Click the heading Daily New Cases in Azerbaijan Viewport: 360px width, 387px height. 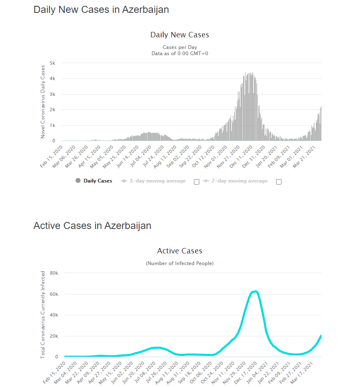(x=101, y=10)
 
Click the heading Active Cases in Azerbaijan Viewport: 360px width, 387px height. (x=92, y=226)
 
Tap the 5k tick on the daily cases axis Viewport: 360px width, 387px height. (x=53, y=63)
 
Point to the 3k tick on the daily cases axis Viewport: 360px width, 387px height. (x=53, y=94)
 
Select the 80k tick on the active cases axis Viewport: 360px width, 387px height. (x=54, y=273)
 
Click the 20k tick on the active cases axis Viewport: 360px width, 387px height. (x=54, y=336)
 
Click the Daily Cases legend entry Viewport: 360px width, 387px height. (x=98, y=181)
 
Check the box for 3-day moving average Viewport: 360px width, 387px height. (x=197, y=182)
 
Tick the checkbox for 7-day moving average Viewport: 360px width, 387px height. (x=279, y=182)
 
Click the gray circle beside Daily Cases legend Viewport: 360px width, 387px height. (x=78, y=180)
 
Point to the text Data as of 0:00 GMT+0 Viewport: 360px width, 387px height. (x=180, y=53)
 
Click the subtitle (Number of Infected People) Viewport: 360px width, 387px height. (x=180, y=263)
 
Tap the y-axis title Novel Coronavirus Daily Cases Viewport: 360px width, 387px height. (x=43, y=102)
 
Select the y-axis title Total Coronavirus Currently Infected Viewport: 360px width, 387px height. (x=43, y=315)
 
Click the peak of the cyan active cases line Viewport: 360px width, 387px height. (x=255, y=292)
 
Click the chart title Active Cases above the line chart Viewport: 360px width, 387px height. (x=180, y=251)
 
